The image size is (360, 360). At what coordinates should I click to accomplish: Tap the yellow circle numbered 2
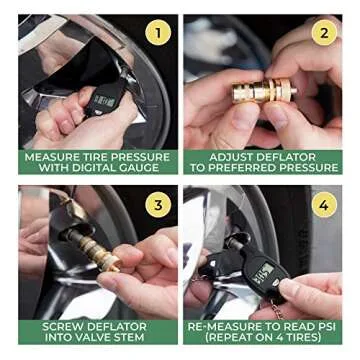[x=321, y=33]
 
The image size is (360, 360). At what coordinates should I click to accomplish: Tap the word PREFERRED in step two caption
[x=255, y=168]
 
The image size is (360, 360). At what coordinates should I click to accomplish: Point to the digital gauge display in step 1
[x=102, y=98]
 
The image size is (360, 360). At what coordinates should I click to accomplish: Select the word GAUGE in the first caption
[x=133, y=168]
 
